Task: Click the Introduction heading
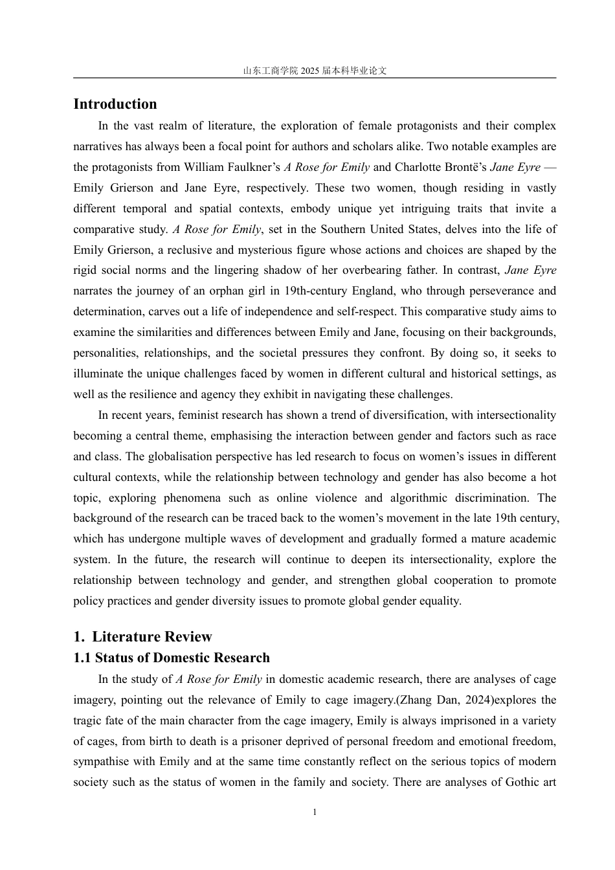point(115,104)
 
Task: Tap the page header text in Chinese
point(315,71)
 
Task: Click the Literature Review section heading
point(151,636)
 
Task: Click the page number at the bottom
point(315,812)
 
